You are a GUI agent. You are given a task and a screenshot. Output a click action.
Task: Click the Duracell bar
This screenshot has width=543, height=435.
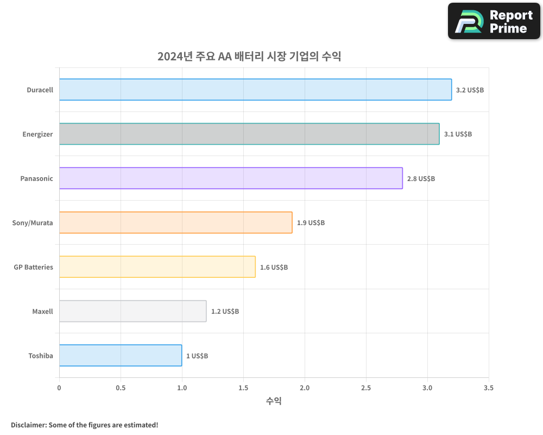tap(255, 90)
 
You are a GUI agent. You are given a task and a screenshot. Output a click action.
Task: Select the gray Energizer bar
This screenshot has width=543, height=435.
tap(249, 134)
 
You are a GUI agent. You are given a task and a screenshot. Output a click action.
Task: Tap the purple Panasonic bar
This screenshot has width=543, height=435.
tap(231, 178)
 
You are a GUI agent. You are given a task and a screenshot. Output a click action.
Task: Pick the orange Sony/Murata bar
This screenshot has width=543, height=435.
tap(175, 222)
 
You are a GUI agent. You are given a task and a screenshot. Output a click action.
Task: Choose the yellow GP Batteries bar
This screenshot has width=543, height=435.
tap(157, 266)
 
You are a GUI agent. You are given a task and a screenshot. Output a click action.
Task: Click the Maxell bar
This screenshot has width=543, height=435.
tap(132, 311)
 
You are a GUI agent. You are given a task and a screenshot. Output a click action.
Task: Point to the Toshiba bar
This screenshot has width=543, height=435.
tap(121, 355)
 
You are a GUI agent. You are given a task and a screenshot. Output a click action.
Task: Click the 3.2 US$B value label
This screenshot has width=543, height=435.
tap(470, 90)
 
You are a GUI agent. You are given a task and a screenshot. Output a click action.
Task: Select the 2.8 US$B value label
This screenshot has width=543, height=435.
tap(421, 178)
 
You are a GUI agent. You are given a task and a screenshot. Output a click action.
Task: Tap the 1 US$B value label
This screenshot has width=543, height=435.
tap(197, 356)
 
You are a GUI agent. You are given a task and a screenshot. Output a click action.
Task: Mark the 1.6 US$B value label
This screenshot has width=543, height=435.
tap(274, 267)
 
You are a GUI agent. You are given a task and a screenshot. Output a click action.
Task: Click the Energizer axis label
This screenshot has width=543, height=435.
tap(37, 134)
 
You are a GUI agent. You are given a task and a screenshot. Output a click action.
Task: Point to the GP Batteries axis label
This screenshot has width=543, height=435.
tap(33, 267)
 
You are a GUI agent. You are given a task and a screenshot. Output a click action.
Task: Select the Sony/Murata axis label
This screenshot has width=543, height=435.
tap(33, 222)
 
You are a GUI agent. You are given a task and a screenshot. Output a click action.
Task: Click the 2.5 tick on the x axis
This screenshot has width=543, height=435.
tap(366, 388)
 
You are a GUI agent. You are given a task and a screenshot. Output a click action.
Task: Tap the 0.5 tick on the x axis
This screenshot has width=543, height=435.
tap(121, 388)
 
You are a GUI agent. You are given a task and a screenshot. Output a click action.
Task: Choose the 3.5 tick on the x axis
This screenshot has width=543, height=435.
tap(489, 388)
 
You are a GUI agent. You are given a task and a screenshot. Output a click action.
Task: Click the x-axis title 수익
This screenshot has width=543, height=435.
tap(274, 401)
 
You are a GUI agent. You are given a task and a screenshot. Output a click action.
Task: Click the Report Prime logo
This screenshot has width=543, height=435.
tap(494, 21)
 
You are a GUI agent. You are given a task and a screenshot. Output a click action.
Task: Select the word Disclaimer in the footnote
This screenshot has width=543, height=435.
tap(28, 425)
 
